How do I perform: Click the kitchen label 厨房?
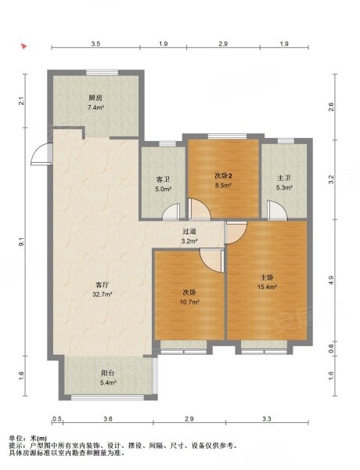point(95,98)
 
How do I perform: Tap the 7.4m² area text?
point(95,107)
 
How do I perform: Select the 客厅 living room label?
point(102,284)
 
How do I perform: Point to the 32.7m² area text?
point(102,295)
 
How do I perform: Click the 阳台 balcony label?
point(108,373)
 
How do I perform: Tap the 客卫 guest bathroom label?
point(163,179)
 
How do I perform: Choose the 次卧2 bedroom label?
point(223,176)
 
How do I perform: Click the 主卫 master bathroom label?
point(284,178)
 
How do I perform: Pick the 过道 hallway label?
point(189,231)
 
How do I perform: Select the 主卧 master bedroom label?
point(266,277)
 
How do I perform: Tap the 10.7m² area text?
point(189,302)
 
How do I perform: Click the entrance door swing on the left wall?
point(42,154)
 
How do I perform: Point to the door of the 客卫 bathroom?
point(171,212)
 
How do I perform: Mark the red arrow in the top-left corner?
point(24,46)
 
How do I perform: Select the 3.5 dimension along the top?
point(95,44)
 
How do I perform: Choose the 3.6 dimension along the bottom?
point(108,419)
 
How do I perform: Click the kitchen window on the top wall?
point(102,73)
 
